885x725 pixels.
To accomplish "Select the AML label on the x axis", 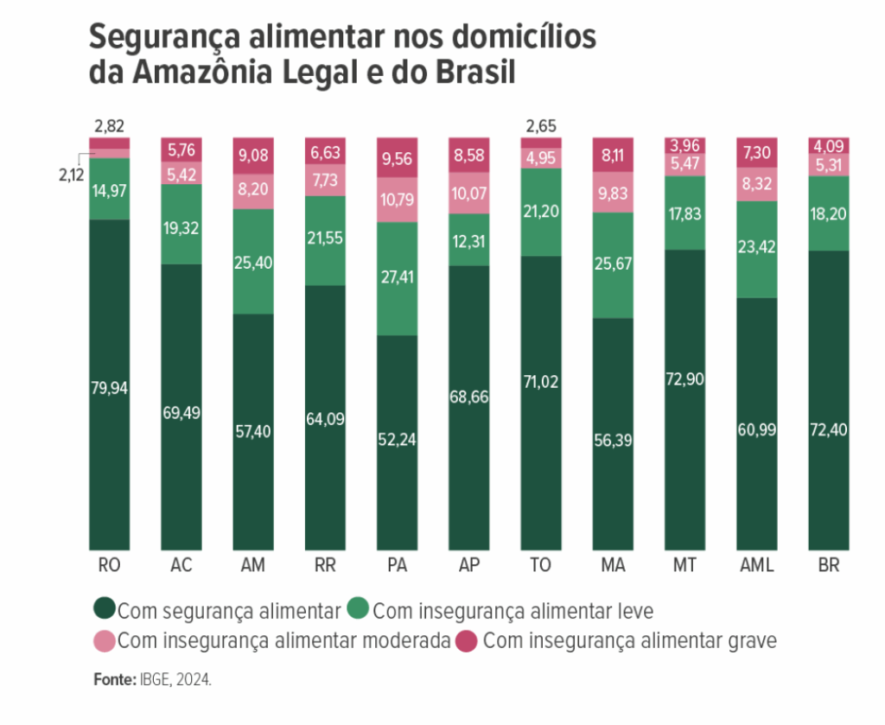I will tap(757, 566).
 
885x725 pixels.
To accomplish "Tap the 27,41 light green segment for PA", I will tap(397, 279).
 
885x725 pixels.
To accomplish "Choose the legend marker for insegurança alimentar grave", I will tap(468, 640).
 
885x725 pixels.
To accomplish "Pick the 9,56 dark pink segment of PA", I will tap(397, 161).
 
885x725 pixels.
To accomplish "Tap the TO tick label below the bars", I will tap(541, 566).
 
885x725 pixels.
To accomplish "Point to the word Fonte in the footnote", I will tap(113, 680).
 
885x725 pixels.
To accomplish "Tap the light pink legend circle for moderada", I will tap(104, 640).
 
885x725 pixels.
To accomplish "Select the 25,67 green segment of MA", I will tap(613, 264).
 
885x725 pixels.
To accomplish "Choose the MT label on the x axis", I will tap(684, 566).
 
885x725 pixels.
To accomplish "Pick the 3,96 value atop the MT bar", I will tap(684, 144).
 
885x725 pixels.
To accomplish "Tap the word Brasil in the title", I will tap(473, 73).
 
